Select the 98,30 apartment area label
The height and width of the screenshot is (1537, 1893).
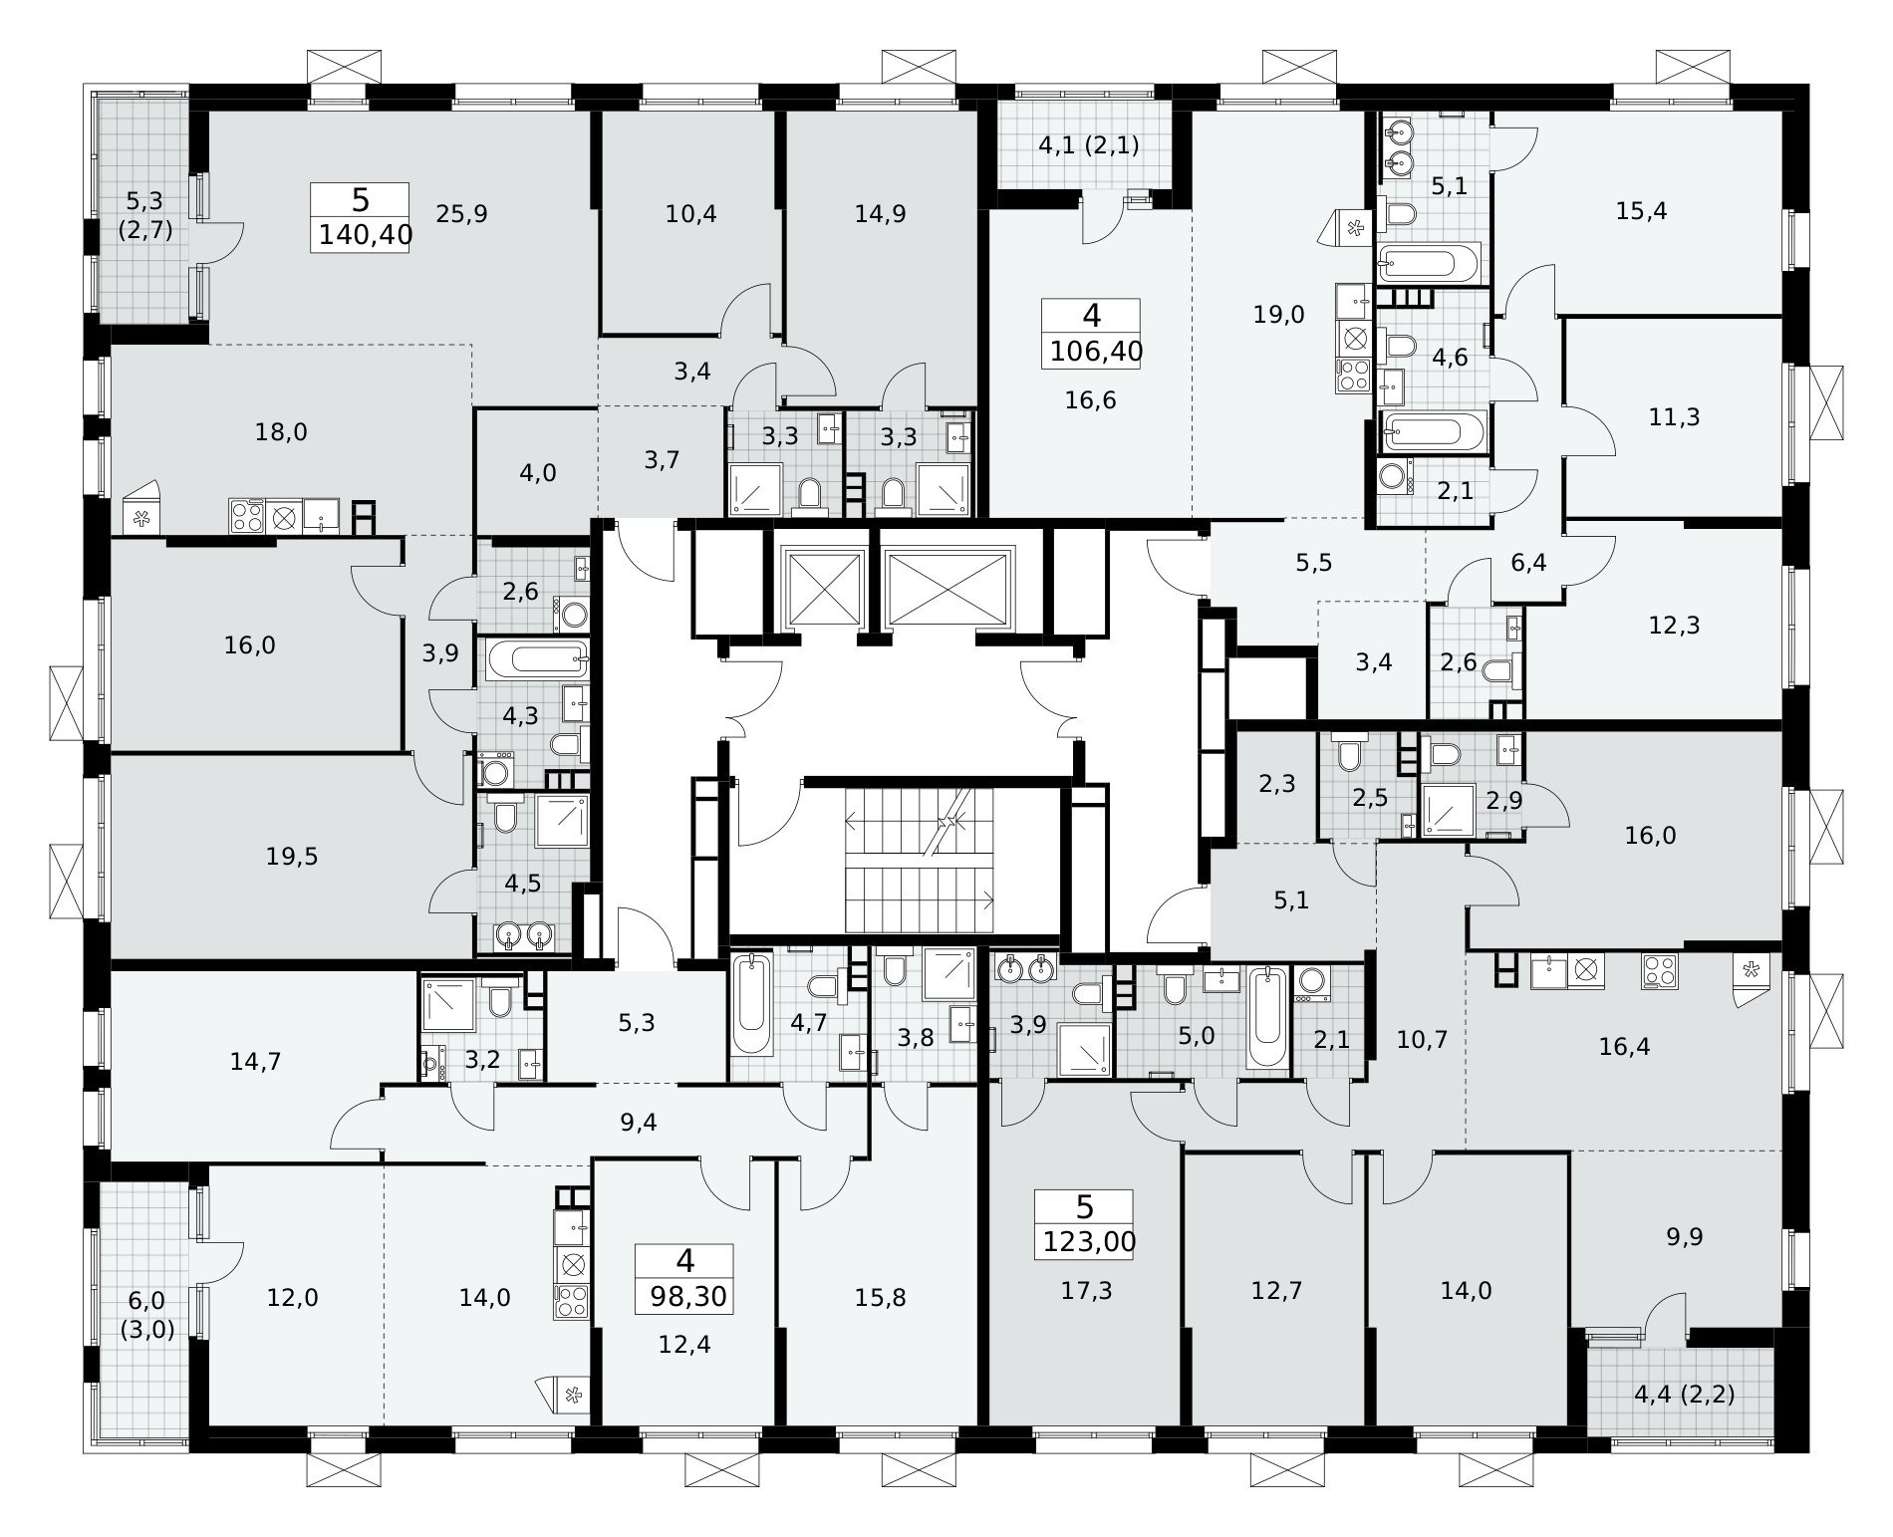[688, 1296]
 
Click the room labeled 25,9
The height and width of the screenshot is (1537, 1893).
[461, 213]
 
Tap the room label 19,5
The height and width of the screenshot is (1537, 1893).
[293, 856]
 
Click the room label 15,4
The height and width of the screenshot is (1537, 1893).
[1642, 211]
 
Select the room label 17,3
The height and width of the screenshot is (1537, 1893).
[1086, 1291]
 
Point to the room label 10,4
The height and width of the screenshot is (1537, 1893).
[691, 213]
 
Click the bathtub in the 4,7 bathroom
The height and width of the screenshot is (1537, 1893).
[751, 1003]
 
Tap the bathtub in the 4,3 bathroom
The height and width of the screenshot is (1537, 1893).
[536, 656]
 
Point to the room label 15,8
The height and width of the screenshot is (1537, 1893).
[881, 1297]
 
